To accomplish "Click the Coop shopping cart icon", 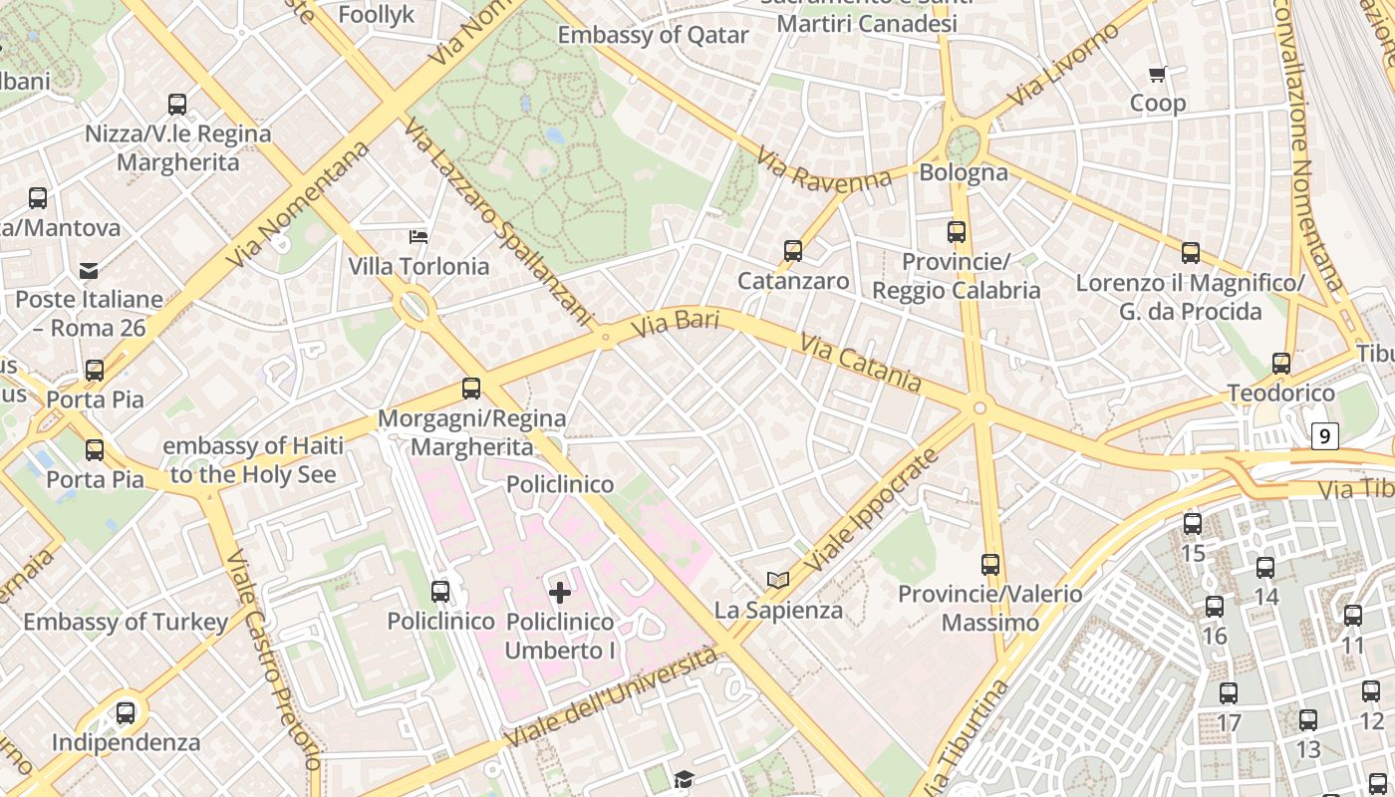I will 1157,74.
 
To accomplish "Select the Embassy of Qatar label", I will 653,35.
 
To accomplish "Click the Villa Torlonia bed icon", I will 418,236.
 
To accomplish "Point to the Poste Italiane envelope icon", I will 89,270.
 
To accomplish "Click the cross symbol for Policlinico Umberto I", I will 560,593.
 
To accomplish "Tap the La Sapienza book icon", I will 777,580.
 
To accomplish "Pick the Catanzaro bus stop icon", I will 793,251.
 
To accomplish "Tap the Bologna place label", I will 963,172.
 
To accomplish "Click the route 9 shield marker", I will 1323,435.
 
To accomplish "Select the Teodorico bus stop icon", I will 1281,364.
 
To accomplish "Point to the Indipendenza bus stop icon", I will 126,713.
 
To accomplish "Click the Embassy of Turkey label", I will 126,623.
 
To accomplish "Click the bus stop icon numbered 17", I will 1229,693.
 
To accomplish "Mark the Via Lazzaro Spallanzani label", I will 497,222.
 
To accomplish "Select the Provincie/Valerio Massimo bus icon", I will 990,565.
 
